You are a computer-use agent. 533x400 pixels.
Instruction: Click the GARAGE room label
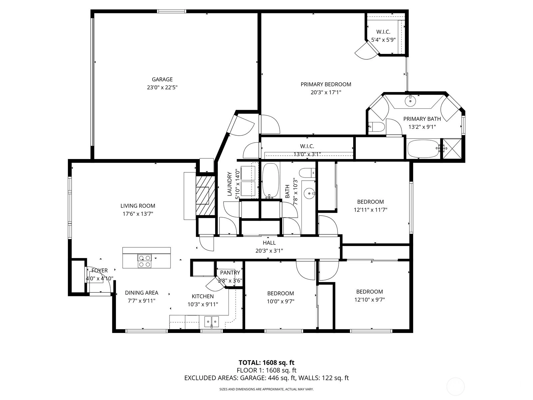click(162, 79)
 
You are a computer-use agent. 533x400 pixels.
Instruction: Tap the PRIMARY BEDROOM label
click(326, 85)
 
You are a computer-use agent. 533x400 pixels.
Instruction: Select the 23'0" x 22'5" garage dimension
click(162, 87)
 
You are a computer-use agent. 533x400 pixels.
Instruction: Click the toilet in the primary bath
click(376, 127)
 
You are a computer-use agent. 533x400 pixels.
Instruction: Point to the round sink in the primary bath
click(410, 101)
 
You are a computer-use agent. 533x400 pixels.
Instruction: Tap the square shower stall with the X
click(452, 149)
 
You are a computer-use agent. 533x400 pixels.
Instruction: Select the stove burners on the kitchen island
click(145, 261)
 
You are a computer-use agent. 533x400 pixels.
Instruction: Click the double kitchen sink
click(212, 322)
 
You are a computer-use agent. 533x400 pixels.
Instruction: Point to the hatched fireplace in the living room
click(206, 196)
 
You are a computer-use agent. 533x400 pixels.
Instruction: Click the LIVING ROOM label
click(138, 206)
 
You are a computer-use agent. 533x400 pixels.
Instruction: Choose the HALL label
click(269, 243)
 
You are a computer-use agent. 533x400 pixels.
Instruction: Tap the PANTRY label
click(230, 272)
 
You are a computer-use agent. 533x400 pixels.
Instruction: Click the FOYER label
click(100, 271)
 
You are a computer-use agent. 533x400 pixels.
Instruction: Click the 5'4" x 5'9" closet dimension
click(383, 40)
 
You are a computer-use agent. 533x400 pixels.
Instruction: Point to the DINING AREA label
click(142, 293)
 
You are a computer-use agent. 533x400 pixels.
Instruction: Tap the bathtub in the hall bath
click(271, 180)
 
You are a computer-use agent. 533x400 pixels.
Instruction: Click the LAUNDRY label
click(230, 184)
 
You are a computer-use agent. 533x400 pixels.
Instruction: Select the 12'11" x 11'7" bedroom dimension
click(370, 210)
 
